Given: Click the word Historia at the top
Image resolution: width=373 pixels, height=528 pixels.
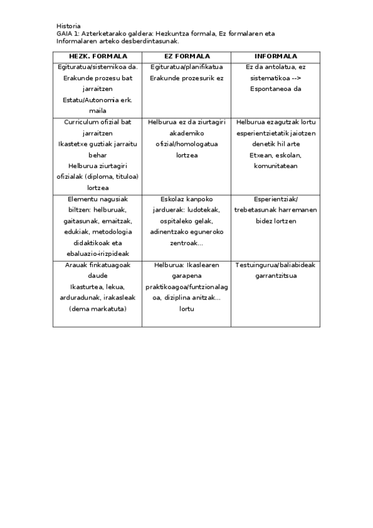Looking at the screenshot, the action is click(x=68, y=26).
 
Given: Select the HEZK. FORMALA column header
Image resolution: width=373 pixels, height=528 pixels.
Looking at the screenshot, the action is click(x=97, y=56).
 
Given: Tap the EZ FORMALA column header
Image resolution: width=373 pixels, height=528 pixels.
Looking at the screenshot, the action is click(x=186, y=56).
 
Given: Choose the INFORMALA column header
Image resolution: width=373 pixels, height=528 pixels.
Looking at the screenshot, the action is click(x=275, y=56).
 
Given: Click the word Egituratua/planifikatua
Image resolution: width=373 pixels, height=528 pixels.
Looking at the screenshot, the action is click(x=186, y=67).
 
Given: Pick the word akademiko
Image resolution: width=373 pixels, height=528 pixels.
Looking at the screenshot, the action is click(x=186, y=133).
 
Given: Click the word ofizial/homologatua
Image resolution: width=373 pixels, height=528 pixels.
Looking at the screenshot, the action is click(x=186, y=144).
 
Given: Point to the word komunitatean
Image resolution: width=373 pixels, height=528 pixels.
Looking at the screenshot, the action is click(x=275, y=166).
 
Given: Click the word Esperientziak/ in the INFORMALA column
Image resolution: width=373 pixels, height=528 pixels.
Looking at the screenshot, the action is click(x=275, y=199).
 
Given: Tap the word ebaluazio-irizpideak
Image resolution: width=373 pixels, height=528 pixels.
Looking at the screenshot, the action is click(x=97, y=254).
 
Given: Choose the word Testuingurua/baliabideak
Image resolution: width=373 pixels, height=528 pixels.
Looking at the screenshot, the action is click(x=275, y=265).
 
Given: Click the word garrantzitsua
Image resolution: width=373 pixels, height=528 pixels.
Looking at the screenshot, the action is click(x=275, y=276).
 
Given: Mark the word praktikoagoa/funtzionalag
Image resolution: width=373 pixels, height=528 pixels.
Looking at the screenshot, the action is click(x=186, y=286).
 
